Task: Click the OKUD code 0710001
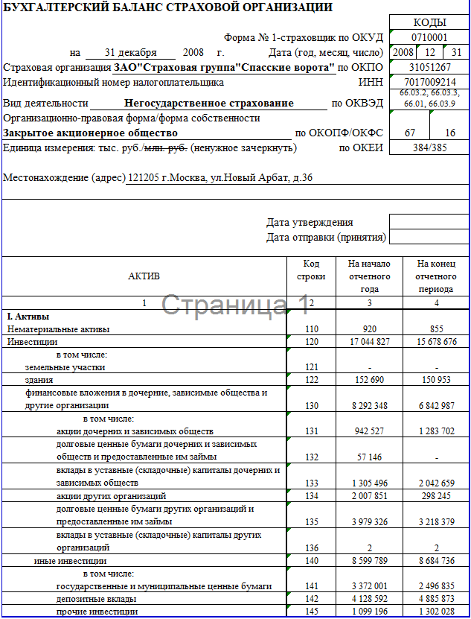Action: (429, 37)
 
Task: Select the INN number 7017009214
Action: (429, 82)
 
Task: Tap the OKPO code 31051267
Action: (429, 67)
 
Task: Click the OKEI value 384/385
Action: (429, 147)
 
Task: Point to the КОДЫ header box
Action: (429, 22)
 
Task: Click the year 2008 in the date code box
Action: (403, 52)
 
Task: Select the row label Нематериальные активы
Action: (59, 328)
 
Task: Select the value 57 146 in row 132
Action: (369, 457)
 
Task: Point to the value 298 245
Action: (437, 496)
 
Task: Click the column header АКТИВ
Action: (144, 276)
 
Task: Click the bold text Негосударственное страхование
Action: (209, 104)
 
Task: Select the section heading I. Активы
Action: (28, 317)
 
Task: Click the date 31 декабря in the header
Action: (130, 53)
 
